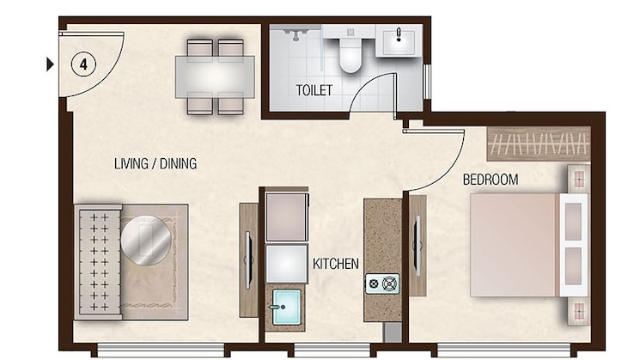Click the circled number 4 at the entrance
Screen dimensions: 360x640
[82, 64]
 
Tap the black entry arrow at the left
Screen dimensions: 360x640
[50, 64]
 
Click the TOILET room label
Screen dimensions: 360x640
[314, 90]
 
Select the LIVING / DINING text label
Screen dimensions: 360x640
[155, 163]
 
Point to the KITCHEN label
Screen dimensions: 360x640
[335, 264]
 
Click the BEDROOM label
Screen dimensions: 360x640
[491, 180]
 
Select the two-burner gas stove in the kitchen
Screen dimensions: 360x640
[382, 283]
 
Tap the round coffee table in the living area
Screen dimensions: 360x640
[145, 240]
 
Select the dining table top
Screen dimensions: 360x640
[215, 76]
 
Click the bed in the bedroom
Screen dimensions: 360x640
[515, 245]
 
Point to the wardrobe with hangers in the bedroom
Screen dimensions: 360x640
[539, 143]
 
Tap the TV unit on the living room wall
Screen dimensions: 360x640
[247, 259]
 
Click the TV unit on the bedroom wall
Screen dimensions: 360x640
[418, 245]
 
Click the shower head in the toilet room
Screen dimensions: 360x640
[295, 35]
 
